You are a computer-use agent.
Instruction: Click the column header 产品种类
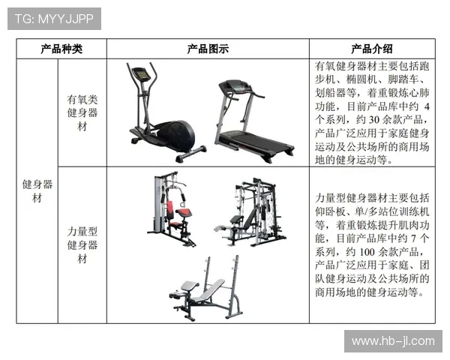[61, 49]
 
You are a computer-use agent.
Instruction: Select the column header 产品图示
[208, 49]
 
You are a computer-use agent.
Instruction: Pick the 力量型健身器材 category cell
[82, 244]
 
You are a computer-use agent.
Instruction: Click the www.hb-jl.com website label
[393, 341]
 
